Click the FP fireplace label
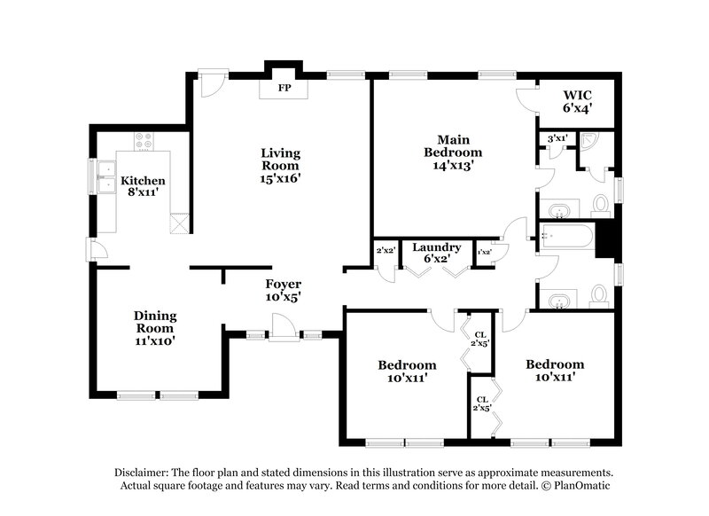click(x=284, y=89)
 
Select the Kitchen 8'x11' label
click(x=143, y=185)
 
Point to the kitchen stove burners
click(x=143, y=140)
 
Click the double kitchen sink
click(x=108, y=176)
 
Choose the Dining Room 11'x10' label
click(x=155, y=327)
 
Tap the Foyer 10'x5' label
click(x=284, y=291)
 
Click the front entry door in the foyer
click(x=284, y=332)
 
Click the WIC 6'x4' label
click(x=577, y=101)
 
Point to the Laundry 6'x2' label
click(x=436, y=253)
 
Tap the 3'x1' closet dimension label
click(x=557, y=138)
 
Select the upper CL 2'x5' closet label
click(x=480, y=339)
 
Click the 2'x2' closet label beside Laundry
click(x=385, y=252)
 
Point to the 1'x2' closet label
click(x=485, y=253)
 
